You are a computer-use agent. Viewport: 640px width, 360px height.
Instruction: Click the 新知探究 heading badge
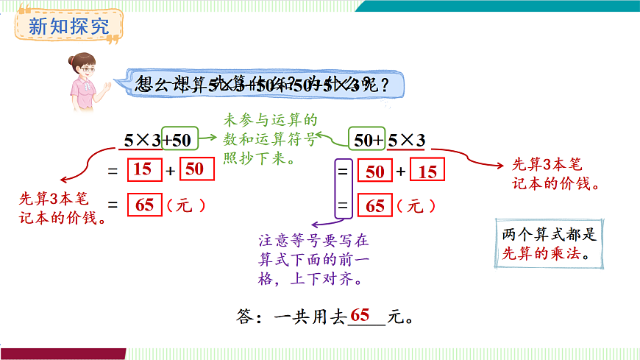tap(68, 27)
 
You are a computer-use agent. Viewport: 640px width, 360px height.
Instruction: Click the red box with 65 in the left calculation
tap(144, 205)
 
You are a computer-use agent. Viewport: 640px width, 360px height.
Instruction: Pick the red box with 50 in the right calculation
tap(374, 172)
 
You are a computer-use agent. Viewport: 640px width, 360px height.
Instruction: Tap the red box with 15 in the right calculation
tap(427, 172)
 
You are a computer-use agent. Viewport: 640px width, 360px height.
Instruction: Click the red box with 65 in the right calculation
tap(375, 206)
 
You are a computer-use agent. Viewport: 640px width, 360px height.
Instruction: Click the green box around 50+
tap(367, 138)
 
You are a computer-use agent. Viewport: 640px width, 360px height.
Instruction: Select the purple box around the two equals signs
tap(342, 189)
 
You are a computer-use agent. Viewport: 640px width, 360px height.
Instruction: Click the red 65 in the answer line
tap(360, 314)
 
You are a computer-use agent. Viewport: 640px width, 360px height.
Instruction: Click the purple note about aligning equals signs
tap(313, 260)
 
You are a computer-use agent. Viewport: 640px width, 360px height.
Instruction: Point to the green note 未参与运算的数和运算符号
tap(270, 138)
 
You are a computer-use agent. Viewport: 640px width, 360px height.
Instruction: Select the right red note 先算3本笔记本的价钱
tap(555, 175)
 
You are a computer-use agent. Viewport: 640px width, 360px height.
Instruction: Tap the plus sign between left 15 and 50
tap(170, 171)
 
